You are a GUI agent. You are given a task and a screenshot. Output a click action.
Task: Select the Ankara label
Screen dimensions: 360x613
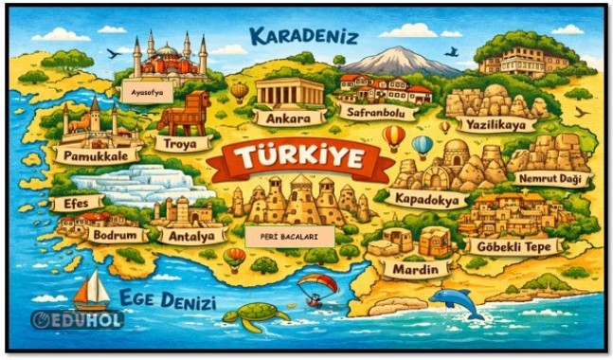pyautogui.click(x=283, y=120)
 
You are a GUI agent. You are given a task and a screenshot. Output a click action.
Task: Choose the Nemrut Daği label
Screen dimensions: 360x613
pyautogui.click(x=550, y=178)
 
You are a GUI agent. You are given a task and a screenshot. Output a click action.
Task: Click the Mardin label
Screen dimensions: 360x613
pyautogui.click(x=417, y=269)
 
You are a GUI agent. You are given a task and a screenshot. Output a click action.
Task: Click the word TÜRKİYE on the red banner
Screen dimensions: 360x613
pyautogui.click(x=301, y=159)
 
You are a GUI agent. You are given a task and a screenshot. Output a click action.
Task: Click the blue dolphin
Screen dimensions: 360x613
pyautogui.click(x=456, y=303)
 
